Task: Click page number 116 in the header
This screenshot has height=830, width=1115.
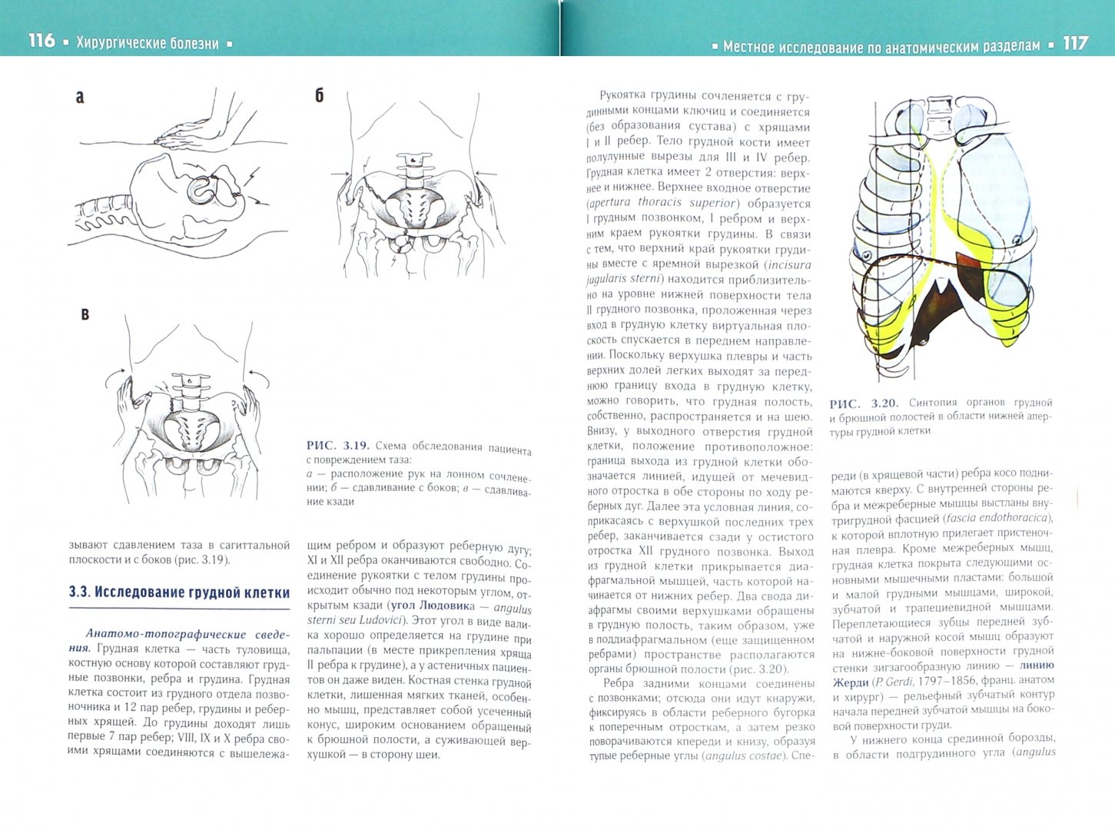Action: click(41, 41)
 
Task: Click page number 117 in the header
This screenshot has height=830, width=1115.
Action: click(1075, 43)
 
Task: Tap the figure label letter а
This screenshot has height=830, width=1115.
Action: click(80, 98)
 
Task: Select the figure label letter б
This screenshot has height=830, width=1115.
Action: click(320, 95)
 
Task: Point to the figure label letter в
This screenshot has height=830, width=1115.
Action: click(85, 314)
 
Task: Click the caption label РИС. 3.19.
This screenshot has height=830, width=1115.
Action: click(338, 446)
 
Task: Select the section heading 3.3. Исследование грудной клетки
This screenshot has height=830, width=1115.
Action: click(179, 593)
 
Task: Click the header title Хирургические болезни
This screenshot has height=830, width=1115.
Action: click(147, 43)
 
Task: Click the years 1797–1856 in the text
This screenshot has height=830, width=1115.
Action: click(934, 681)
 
